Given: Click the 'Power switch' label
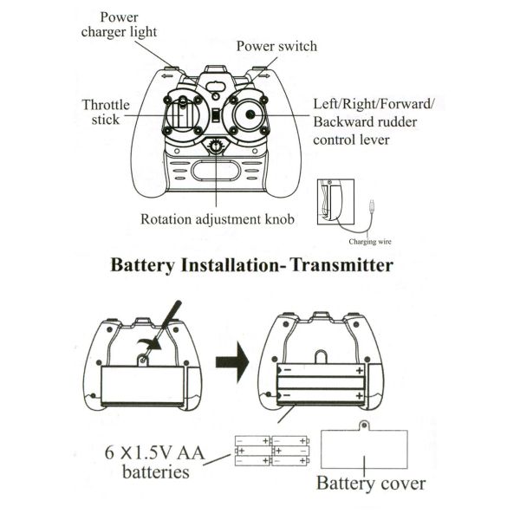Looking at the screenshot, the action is tap(276, 46).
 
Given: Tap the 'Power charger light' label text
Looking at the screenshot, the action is tap(119, 25).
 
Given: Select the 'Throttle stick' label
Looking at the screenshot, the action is tap(106, 112).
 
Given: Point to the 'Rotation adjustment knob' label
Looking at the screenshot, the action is tap(218, 219).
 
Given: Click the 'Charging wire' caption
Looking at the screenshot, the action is tap(370, 242).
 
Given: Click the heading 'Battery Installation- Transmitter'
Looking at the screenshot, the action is tap(251, 265).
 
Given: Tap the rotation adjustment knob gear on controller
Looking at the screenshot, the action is tap(215, 146).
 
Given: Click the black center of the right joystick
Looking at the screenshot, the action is tap(250, 114).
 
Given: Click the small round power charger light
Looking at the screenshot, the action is tap(216, 96).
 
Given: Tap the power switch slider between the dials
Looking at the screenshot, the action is tap(216, 116).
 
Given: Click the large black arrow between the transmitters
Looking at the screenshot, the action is tap(232, 362).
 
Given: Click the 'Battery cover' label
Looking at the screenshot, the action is tap(371, 484).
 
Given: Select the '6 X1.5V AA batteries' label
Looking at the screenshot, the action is tap(154, 462).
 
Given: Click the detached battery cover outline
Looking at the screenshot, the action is tap(322, 449).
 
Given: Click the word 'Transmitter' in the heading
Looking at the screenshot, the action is tap(342, 265).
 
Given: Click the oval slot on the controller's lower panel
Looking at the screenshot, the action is tap(216, 171).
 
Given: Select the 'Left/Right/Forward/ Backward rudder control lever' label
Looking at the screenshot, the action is tap(374, 122).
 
